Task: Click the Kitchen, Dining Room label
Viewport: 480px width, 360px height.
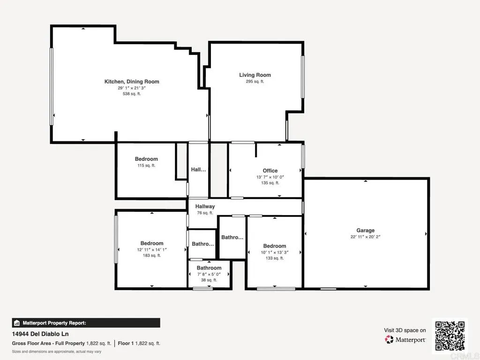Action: (131, 82)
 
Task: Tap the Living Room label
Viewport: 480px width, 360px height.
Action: (255, 75)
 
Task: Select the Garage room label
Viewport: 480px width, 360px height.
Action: (365, 230)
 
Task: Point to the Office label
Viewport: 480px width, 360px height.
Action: (270, 171)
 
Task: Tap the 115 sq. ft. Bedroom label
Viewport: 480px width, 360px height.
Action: (146, 159)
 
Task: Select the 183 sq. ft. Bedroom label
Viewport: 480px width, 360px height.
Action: (152, 243)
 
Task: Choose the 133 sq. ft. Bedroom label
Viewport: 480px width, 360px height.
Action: (274, 246)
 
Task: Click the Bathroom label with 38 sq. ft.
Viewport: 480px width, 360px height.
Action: (209, 268)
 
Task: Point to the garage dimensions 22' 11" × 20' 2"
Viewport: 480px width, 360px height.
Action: (365, 237)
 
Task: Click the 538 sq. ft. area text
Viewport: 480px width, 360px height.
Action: (131, 94)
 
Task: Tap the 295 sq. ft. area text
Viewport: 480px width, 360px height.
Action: (255, 82)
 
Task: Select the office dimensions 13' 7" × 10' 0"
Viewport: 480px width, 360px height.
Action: (270, 177)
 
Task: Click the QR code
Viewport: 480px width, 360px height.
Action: (450, 336)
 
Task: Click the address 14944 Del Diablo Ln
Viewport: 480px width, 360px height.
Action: (40, 334)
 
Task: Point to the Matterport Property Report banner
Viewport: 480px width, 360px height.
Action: (86, 323)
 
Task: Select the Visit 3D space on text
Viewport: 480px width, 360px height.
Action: (405, 330)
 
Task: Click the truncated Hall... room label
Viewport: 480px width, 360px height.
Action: (198, 170)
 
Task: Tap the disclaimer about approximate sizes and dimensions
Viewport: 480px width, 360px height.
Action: (57, 352)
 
